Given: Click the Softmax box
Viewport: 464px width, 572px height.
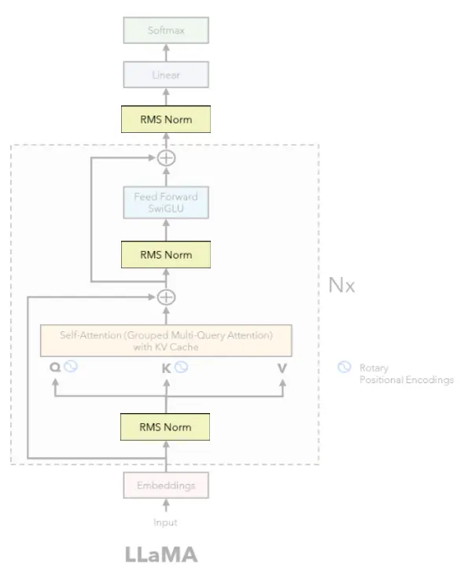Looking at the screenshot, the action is point(166,30).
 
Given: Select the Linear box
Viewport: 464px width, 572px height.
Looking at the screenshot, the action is point(166,75).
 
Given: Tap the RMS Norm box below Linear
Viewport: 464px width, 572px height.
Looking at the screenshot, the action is point(166,120).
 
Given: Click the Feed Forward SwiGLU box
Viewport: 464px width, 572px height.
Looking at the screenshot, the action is point(166,202).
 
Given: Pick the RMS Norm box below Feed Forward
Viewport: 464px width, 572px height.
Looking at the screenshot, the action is point(166,255).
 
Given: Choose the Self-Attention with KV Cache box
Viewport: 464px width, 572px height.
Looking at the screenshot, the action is point(166,341).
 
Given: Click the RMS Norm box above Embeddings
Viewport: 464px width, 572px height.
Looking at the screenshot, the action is point(165,426).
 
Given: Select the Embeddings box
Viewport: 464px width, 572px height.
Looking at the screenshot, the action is point(166,485).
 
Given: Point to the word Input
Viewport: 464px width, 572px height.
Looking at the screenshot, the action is point(165,522).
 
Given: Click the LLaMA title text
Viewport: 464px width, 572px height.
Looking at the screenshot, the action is point(161,555).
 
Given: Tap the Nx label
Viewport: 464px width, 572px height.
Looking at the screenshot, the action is point(341,285).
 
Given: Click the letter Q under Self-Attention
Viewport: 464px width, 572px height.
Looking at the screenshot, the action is point(55,367).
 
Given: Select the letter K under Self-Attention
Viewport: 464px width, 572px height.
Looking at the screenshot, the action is point(166,368).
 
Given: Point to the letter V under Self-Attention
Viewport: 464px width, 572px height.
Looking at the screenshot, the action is point(282,368).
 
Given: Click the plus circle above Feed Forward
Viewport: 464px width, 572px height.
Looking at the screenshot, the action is point(166,158).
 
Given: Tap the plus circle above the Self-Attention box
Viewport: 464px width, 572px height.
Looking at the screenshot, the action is point(166,297).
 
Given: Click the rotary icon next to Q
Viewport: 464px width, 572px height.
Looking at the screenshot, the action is point(71,366).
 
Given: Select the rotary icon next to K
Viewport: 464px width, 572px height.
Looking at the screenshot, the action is point(181,367).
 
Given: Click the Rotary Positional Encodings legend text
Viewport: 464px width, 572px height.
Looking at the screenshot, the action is point(407,374).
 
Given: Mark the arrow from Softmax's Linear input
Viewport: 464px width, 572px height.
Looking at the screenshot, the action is point(166,53).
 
